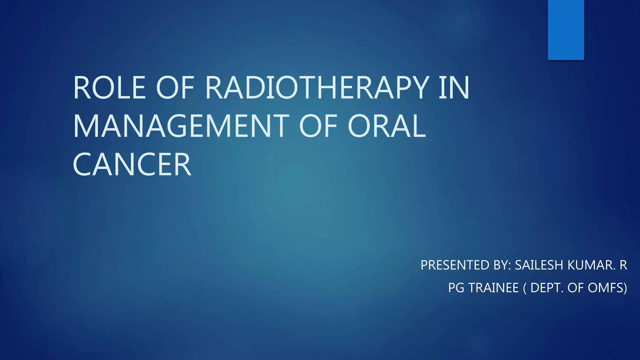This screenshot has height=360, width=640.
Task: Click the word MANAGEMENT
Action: click(x=181, y=126)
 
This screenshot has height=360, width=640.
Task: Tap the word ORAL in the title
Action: click(x=387, y=126)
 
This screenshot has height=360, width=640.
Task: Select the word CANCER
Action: click(x=132, y=165)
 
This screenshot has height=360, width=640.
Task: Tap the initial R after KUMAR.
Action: click(x=623, y=265)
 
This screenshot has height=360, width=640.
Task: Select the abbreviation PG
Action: click(x=456, y=288)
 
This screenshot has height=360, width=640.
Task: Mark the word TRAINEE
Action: click(x=493, y=288)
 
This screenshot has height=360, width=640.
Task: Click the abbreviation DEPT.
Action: click(x=547, y=288)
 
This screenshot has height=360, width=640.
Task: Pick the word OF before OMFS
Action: click(x=576, y=288)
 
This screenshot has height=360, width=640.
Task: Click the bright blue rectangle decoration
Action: click(x=566, y=30)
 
